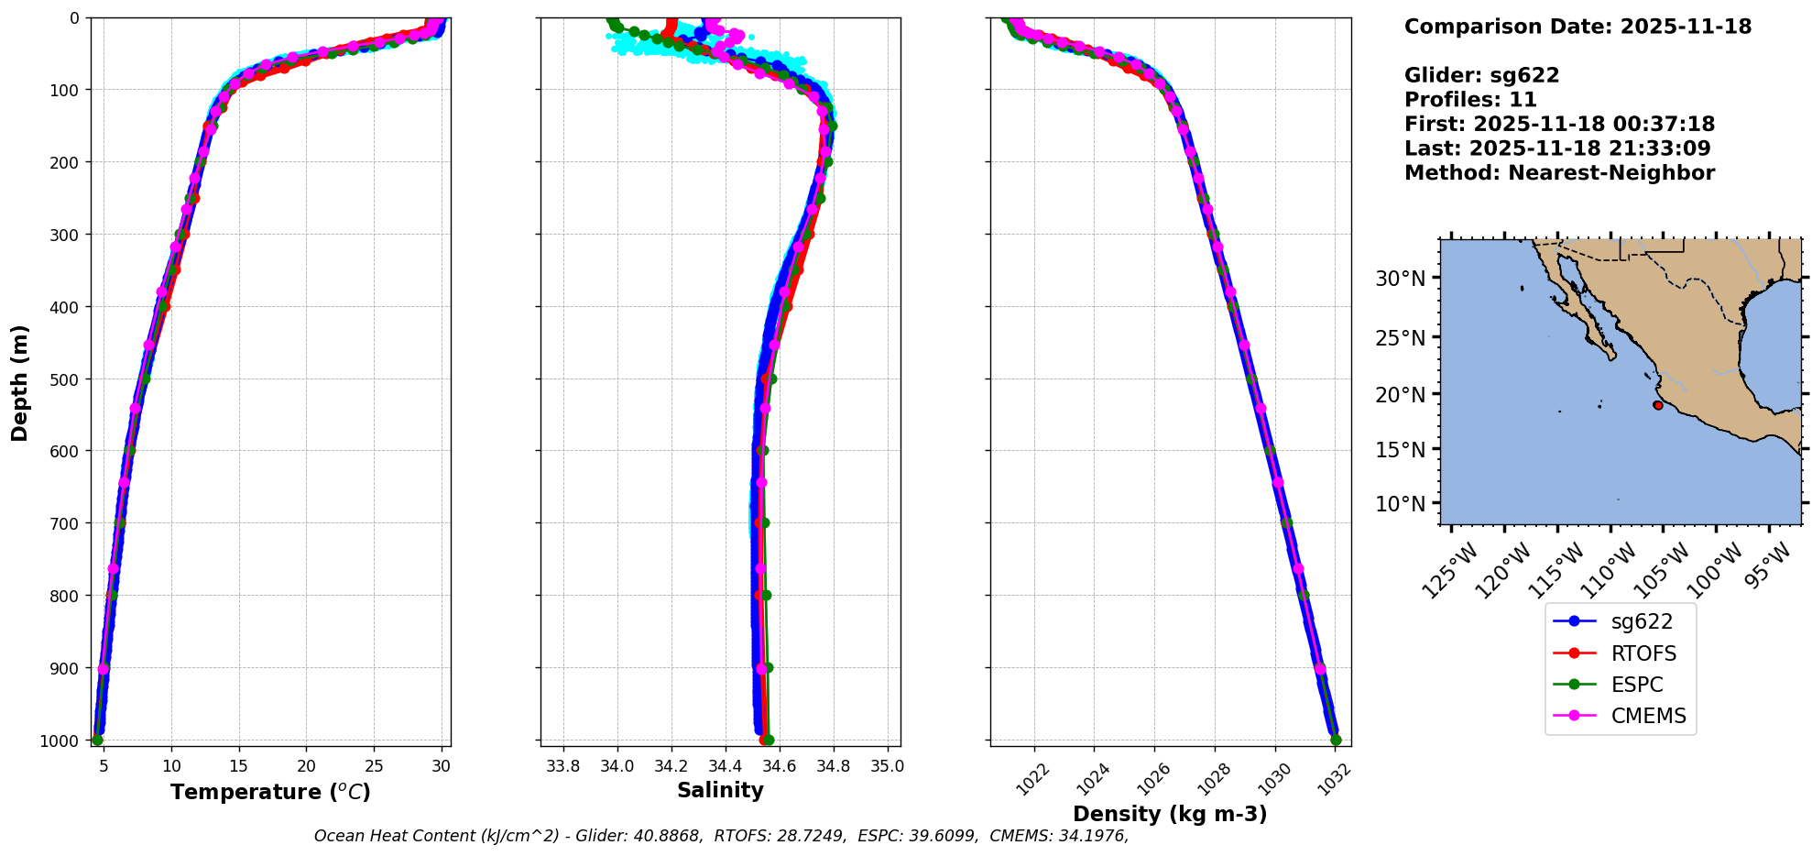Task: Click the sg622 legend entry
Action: pos(1641,621)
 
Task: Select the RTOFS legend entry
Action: pos(1643,653)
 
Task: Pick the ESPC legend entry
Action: pos(1636,685)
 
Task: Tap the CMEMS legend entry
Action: pos(1647,716)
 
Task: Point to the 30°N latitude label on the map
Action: pos(1400,279)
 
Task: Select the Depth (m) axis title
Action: pos(20,382)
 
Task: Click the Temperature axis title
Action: pos(270,792)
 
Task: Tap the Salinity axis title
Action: pos(720,790)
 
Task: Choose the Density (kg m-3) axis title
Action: pos(1170,814)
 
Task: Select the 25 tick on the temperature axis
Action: pos(374,766)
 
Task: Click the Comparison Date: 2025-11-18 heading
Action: pos(1577,27)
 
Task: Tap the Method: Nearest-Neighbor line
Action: pos(1559,172)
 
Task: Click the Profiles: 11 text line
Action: pos(1470,99)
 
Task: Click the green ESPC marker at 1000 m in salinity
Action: pos(768,740)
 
